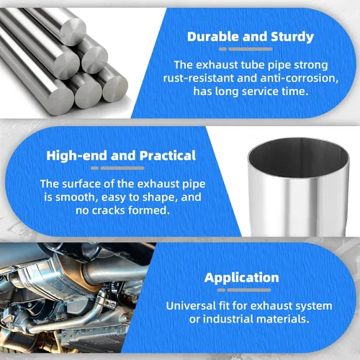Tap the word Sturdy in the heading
pyautogui.click(x=292, y=37)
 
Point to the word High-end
pyautogui.click(x=77, y=156)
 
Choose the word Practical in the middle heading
pyautogui.click(x=168, y=156)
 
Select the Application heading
pyautogui.click(x=242, y=278)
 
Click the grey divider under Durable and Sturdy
pyautogui.click(x=246, y=49)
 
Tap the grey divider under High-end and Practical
pyautogui.click(x=117, y=168)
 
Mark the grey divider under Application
pyautogui.click(x=244, y=290)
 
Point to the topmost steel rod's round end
pyautogui.click(x=73, y=32)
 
